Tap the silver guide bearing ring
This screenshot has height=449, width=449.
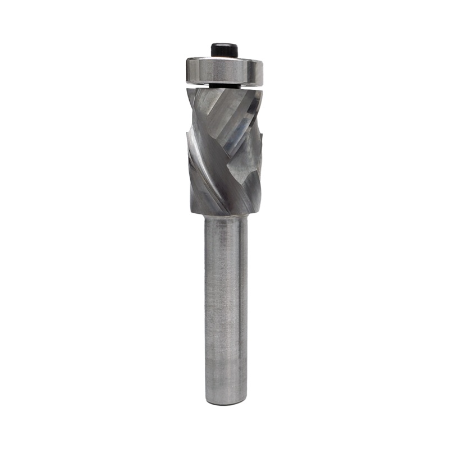[223, 71]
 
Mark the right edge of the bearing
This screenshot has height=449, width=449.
[263, 71]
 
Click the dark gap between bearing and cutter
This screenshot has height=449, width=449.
[223, 86]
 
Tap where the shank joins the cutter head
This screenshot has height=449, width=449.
[224, 217]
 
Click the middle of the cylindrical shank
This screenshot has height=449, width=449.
[224, 309]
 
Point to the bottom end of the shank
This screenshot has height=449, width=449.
[224, 401]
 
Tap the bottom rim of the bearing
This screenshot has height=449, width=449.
[223, 82]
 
